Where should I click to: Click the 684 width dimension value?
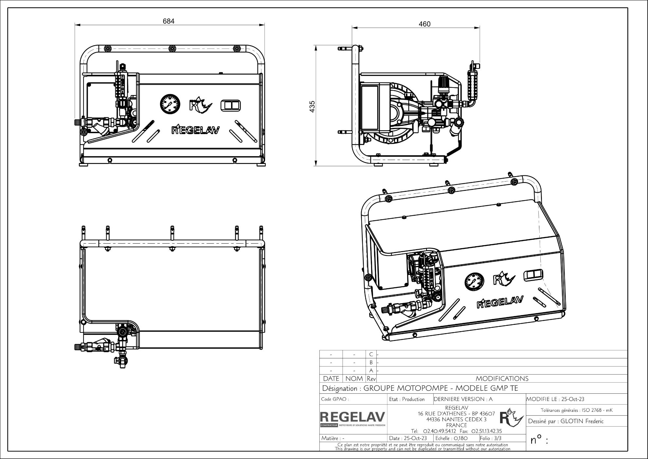pyautogui.click(x=169, y=21)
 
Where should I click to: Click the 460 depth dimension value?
pyautogui.click(x=425, y=24)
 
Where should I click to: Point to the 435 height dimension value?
pyautogui.click(x=312, y=107)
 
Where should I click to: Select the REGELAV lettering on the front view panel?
pyautogui.click(x=196, y=130)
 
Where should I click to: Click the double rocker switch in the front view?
pyautogui.click(x=231, y=105)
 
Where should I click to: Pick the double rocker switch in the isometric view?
pyautogui.click(x=533, y=275)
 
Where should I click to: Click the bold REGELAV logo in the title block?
pyautogui.click(x=352, y=417)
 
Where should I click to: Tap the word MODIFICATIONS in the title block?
pyautogui.click(x=502, y=379)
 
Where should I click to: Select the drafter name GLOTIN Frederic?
pyautogui.click(x=582, y=421)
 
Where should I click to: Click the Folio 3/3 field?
pyautogui.click(x=491, y=438)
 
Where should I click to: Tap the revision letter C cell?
pyautogui.click(x=371, y=354)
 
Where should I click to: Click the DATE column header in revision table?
pyautogui.click(x=331, y=379)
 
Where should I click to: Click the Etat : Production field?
pyautogui.click(x=407, y=399)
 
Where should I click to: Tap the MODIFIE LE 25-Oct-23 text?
pyautogui.click(x=555, y=399)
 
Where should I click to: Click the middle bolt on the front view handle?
pyautogui.click(x=172, y=49)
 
